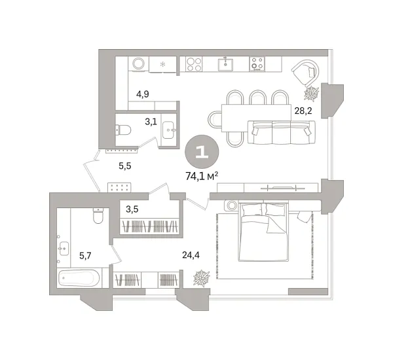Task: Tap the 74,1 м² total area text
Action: click(x=202, y=175)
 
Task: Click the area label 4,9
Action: click(x=143, y=94)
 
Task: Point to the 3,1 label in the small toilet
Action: click(x=151, y=121)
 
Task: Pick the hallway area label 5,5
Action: click(x=125, y=166)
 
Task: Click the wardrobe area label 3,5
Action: click(x=132, y=210)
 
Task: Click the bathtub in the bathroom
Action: click(x=79, y=278)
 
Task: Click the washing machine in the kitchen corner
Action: click(x=138, y=64)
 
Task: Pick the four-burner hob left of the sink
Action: click(x=194, y=64)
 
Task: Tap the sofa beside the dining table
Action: click(x=278, y=134)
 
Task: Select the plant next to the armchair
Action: click(x=312, y=93)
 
